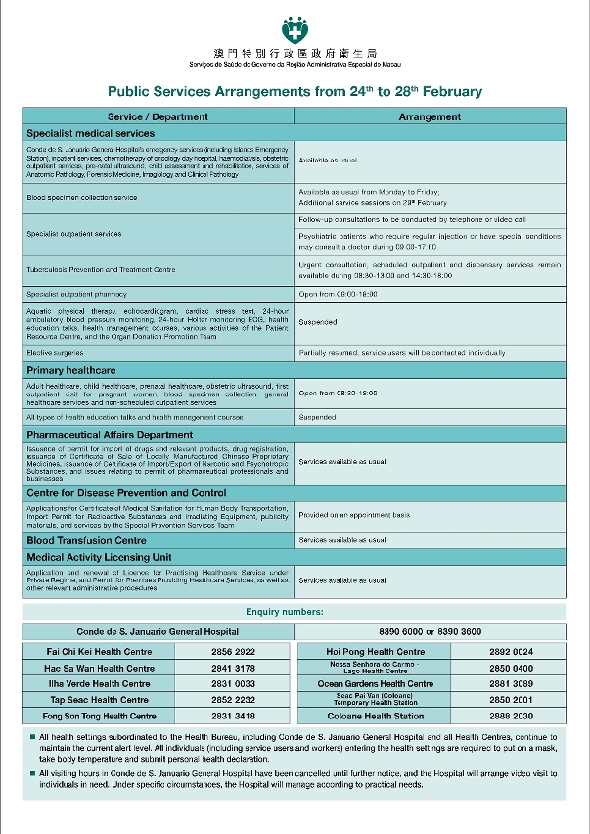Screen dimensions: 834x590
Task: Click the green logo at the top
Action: click(294, 29)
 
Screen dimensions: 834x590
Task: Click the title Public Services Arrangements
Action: click(295, 92)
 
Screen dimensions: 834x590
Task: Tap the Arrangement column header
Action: click(430, 116)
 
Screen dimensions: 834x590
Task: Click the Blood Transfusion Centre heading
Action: click(86, 540)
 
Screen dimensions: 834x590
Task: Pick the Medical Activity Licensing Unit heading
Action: click(99, 556)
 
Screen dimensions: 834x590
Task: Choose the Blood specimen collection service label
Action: click(82, 197)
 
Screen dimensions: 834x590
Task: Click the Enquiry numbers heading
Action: click(294, 612)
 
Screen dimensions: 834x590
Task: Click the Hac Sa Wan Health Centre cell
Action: click(100, 668)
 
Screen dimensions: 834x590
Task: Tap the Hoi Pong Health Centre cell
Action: click(375, 652)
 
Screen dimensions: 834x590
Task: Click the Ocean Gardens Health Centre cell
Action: click(376, 684)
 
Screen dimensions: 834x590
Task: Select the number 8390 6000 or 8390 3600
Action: click(430, 631)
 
